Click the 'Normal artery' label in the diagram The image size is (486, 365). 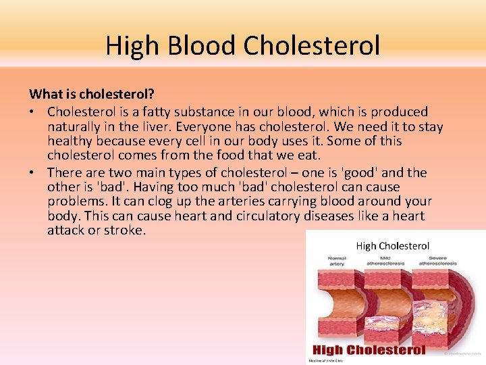pos(336,261)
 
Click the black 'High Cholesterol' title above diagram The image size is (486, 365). pos(392,246)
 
